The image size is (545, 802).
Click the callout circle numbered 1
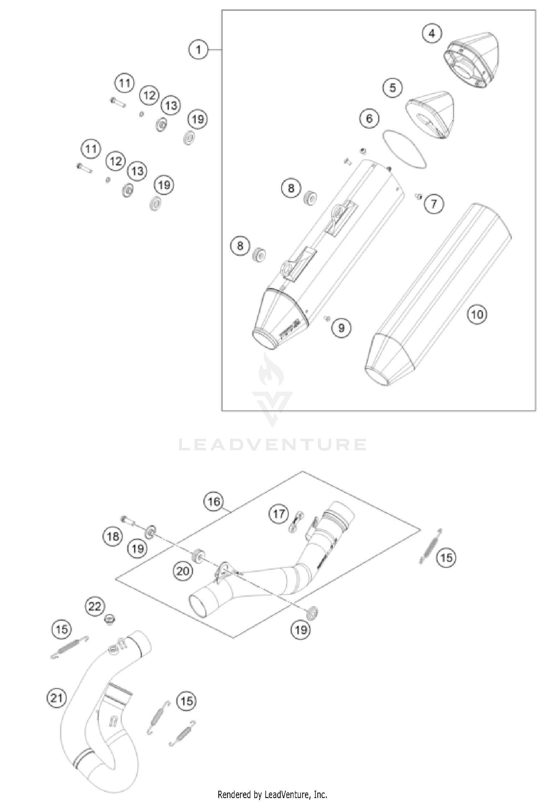click(198, 49)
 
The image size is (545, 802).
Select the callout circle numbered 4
click(432, 33)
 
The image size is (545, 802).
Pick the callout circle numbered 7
click(434, 204)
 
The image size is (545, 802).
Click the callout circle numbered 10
click(477, 314)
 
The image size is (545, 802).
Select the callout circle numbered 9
click(341, 328)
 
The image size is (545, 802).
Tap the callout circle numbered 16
click(214, 502)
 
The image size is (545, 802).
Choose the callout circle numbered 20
click(183, 571)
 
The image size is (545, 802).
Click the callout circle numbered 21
click(57, 698)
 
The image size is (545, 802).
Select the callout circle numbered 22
click(95, 606)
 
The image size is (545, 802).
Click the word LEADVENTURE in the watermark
click(272, 444)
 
